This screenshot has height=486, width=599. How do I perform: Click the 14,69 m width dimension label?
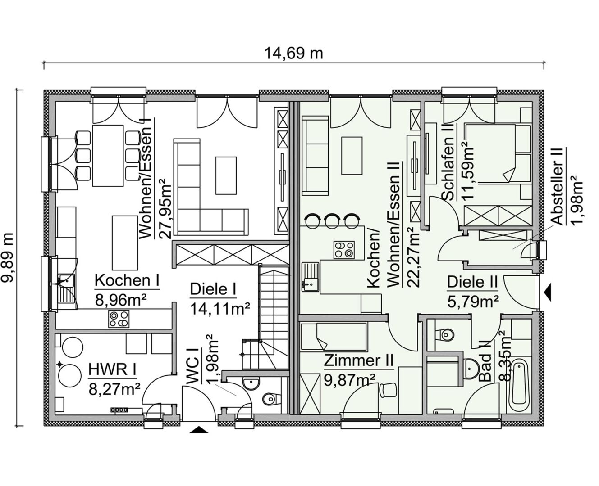(x=293, y=53)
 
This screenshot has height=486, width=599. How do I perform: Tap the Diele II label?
(x=472, y=282)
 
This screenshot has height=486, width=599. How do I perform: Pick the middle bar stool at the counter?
(x=333, y=220)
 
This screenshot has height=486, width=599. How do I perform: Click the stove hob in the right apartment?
(x=343, y=249)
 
